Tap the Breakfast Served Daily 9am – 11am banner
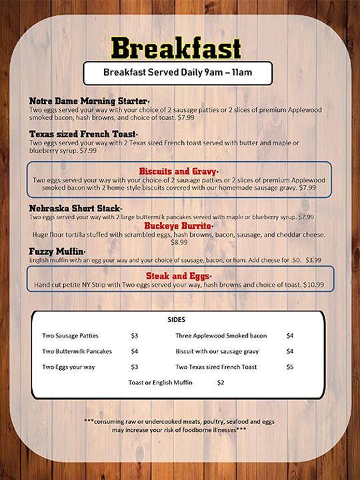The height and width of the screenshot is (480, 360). tap(177, 73)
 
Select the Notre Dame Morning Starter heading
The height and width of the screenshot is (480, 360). tap(88, 100)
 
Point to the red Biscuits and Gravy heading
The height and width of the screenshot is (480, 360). tap(178, 171)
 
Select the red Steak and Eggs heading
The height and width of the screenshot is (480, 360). tap(178, 275)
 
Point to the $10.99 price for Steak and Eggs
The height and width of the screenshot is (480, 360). tap(313, 285)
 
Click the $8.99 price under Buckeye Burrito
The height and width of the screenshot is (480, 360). tap(179, 243)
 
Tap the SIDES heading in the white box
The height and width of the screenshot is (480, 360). tap(177, 319)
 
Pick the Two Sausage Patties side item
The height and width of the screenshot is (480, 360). tap(71, 335)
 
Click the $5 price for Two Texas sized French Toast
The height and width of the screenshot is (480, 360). tap(290, 367)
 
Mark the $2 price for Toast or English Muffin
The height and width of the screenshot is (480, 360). tap(221, 383)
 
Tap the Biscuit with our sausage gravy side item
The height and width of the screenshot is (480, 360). tap(217, 351)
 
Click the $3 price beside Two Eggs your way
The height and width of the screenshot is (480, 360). tap(135, 367)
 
